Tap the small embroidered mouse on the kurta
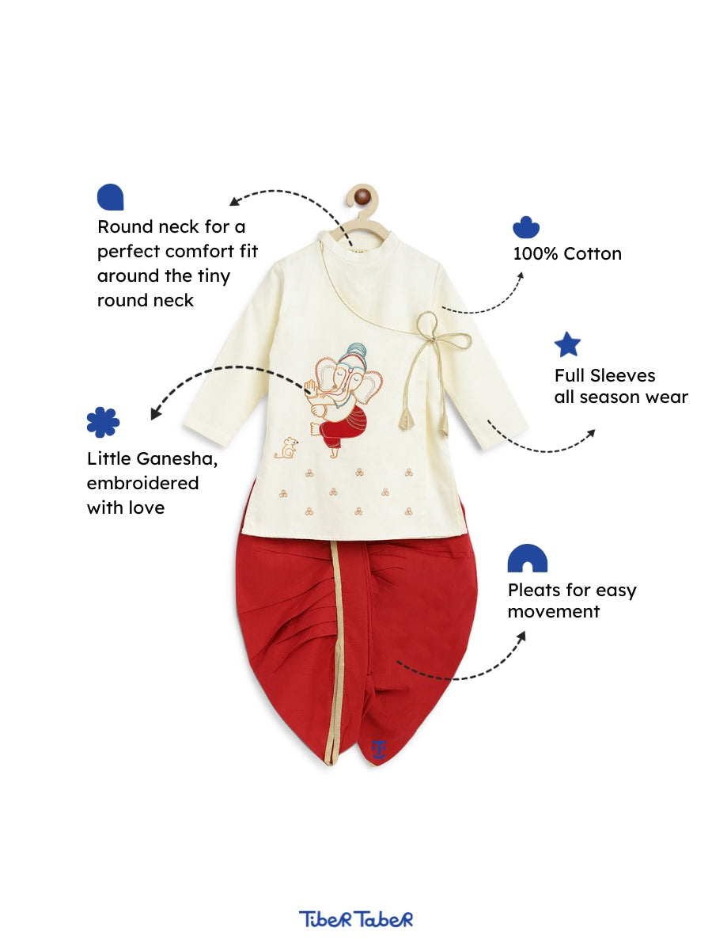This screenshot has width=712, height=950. click(288, 449)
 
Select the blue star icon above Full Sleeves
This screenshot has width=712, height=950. click(567, 344)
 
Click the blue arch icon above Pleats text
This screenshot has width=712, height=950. click(528, 558)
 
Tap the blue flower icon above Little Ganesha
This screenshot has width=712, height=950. click(103, 422)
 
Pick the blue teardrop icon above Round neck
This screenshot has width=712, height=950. click(110, 197)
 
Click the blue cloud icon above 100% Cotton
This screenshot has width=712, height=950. click(526, 227)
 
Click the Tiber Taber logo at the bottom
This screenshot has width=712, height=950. click(356, 919)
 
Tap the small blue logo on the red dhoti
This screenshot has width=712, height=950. click(379, 749)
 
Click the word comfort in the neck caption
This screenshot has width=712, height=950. click(199, 252)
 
